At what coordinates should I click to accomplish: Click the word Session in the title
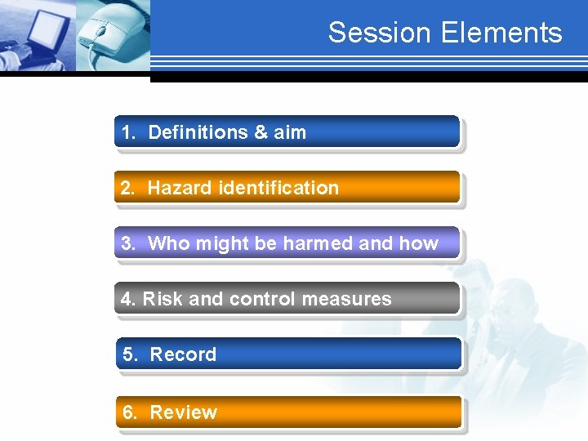381,33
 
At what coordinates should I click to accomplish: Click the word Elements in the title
501,33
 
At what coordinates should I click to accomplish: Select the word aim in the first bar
290,132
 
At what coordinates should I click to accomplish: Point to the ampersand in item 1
261,132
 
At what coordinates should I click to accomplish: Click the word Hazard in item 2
180,188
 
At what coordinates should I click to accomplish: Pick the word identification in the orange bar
278,188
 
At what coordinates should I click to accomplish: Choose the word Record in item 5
183,354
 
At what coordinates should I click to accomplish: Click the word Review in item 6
184,412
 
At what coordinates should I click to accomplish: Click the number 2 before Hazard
126,188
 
